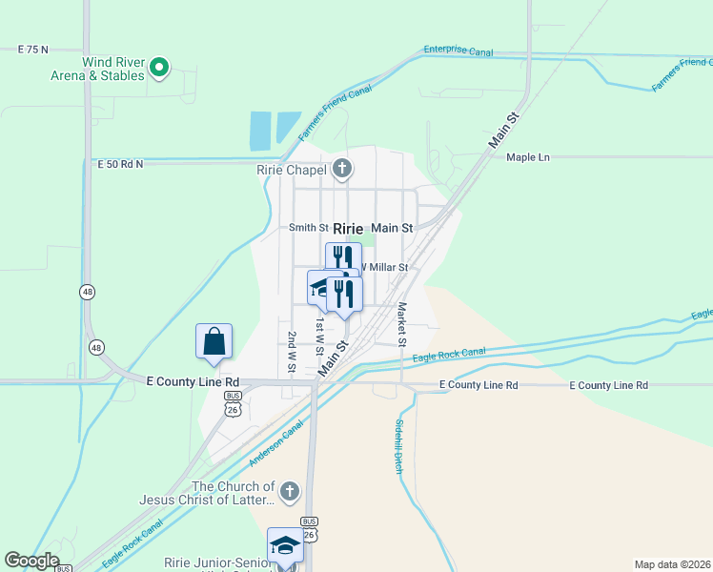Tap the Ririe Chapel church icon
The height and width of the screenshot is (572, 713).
(x=342, y=171)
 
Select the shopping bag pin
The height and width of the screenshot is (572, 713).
(x=214, y=342)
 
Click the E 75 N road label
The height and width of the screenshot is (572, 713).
(x=32, y=49)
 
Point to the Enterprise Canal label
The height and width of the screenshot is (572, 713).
(x=458, y=51)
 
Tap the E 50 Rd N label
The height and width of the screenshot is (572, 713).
(x=120, y=164)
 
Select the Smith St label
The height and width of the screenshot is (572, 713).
(x=309, y=229)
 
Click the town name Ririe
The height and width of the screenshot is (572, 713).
(x=348, y=229)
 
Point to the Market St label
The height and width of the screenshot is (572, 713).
(x=402, y=325)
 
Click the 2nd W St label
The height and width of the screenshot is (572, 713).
(x=292, y=352)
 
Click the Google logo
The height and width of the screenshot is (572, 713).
(x=32, y=561)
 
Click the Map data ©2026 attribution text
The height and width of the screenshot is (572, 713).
(x=671, y=564)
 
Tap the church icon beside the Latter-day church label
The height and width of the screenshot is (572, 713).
(x=290, y=492)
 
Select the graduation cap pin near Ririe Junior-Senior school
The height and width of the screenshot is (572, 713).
(x=284, y=546)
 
